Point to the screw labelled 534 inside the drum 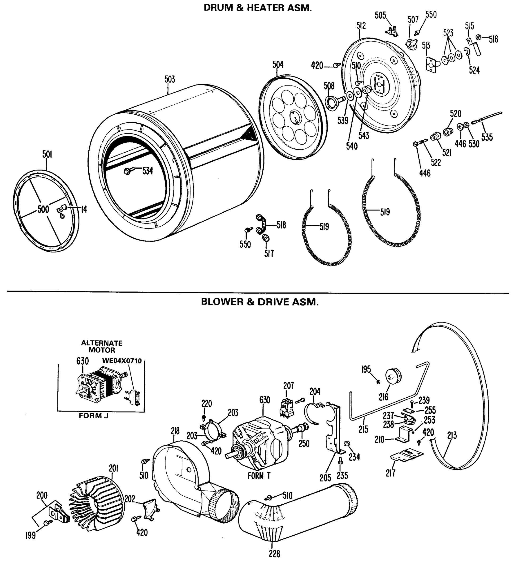[x=127, y=171]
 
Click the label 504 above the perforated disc [x=278, y=65]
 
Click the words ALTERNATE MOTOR [x=102, y=346]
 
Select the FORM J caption [x=93, y=416]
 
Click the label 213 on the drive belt [x=452, y=435]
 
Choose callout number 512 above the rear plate [x=361, y=26]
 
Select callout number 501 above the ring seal [x=47, y=155]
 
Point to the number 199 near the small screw [x=30, y=535]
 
